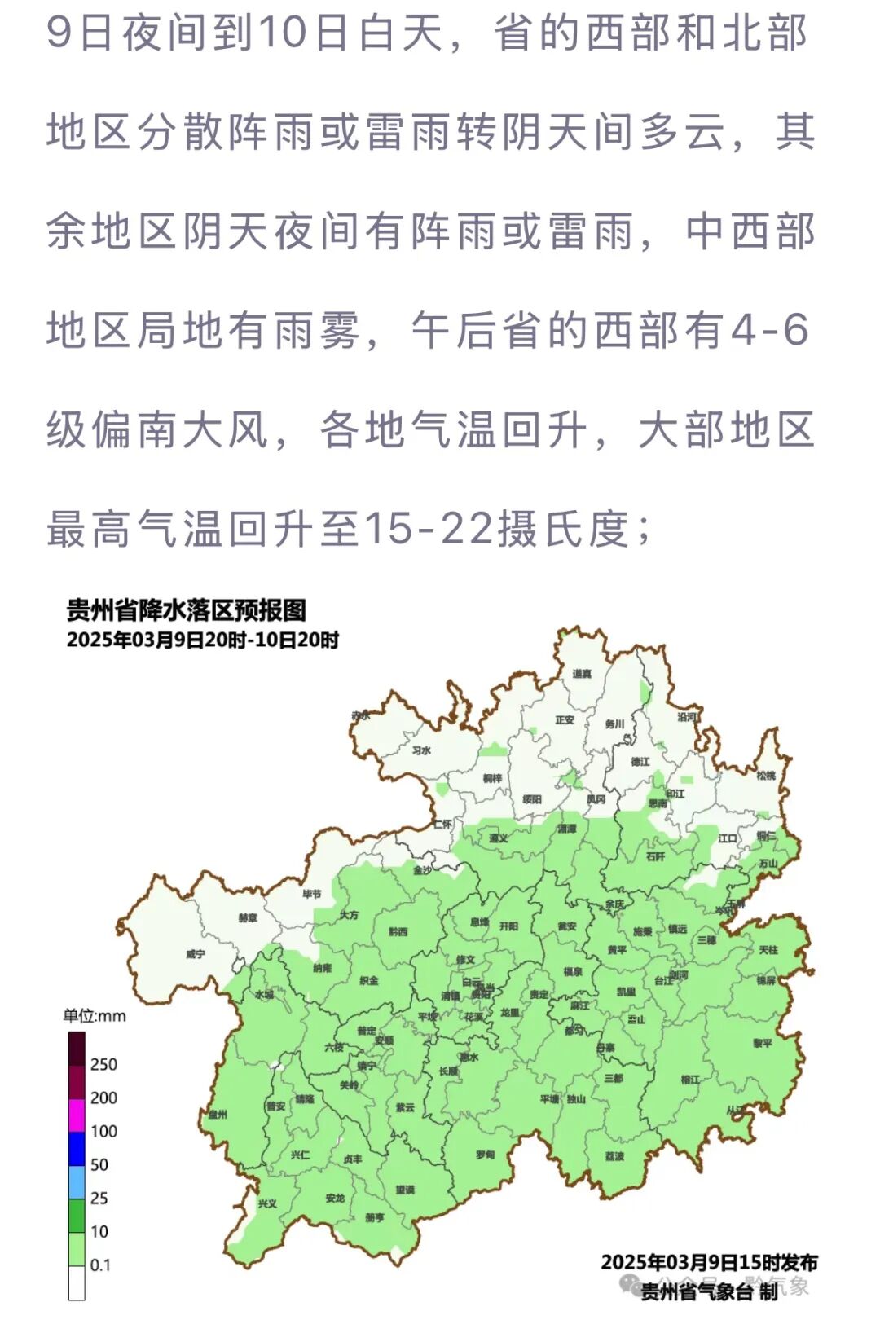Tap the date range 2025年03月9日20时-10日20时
point(202,640)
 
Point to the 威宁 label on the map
point(195,953)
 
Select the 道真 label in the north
point(582,674)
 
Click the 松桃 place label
point(766,776)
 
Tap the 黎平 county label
point(763,1043)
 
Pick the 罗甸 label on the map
point(486,1155)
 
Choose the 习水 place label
point(420,750)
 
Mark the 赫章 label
point(248,917)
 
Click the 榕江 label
point(690,1080)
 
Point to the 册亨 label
point(374,1217)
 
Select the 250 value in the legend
point(103,1064)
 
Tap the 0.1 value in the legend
point(100,1265)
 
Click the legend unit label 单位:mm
point(95,1015)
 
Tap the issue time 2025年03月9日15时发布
point(709,1262)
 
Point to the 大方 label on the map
point(349,915)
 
